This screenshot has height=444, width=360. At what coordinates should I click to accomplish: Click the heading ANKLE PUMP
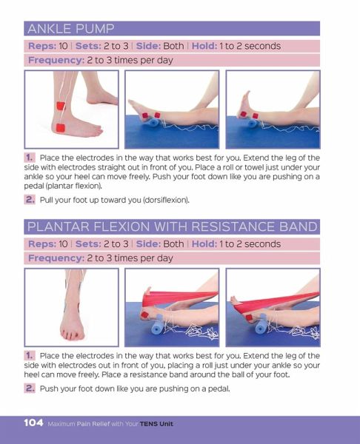pos(71,29)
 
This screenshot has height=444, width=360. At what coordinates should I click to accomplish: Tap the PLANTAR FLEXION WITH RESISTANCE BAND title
pos(173,226)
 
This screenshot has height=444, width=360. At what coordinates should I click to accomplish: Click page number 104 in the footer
pos(33,423)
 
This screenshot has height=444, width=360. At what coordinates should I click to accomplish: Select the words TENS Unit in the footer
pos(156,424)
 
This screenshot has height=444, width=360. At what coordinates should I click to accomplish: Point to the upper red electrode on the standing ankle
pos(61,106)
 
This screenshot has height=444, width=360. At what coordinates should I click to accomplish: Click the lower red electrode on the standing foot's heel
pos(61,128)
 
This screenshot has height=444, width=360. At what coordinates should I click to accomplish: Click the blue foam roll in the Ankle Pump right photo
pos(252,124)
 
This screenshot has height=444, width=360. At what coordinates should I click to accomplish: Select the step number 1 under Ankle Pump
pos(30,158)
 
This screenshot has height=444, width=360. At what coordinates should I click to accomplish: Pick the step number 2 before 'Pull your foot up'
pos(30,200)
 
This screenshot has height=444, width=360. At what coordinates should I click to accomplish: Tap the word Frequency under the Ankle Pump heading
pos(56,61)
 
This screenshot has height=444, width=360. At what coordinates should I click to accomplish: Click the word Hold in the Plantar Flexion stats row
pos(204,243)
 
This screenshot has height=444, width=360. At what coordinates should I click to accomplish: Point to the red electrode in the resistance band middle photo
pos(145,314)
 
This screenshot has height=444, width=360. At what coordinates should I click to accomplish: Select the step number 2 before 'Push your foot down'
pos(30,388)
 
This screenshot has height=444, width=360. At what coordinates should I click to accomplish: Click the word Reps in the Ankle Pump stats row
pos(42,46)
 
